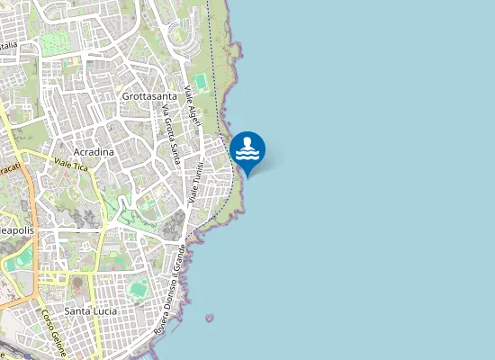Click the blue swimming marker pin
pyautogui.click(x=247, y=151)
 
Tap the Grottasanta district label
pyautogui.click(x=150, y=94)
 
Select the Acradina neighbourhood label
pyautogui.click(x=94, y=152)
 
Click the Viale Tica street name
pyautogui.click(x=74, y=164)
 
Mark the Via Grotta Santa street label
pyautogui.click(x=170, y=135)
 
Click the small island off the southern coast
pyautogui.click(x=210, y=318)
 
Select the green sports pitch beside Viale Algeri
pyautogui.click(x=200, y=83)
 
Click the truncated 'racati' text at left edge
pyautogui.click(x=10, y=169)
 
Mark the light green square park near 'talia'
pyautogui.click(x=54, y=41)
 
